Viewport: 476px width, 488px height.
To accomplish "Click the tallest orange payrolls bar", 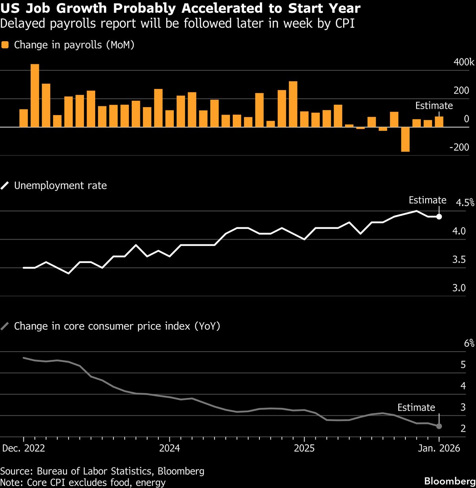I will coord(35,96).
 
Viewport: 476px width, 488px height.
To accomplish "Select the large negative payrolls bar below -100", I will coord(405,139).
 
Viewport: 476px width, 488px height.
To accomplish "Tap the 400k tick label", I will coord(464,63).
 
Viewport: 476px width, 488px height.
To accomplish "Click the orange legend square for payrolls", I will coord(5,45).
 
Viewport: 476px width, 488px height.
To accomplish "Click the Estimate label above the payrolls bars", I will coord(434,106).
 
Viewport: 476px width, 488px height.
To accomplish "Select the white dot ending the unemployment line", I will coord(439,217).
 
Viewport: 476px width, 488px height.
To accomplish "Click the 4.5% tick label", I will coord(465,203).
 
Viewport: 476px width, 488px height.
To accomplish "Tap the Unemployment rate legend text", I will coord(60,185).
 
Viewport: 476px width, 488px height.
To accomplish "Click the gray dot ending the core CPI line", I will coord(439,426).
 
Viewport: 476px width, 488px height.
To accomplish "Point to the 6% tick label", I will coord(469,344).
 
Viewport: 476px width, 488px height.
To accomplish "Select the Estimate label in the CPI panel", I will coord(416,407).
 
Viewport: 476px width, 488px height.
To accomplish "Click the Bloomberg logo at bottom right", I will coord(449,481).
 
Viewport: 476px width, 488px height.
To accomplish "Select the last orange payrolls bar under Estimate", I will coord(439,122).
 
